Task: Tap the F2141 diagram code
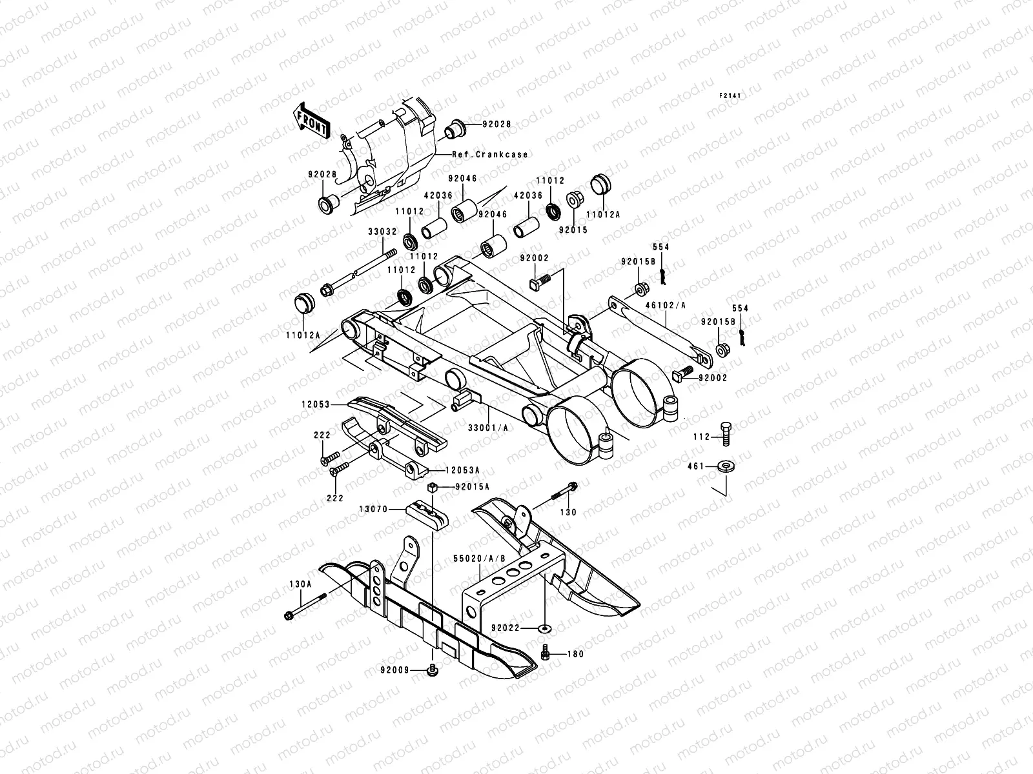[x=730, y=95]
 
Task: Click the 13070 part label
[x=373, y=509]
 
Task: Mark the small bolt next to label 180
[x=544, y=655]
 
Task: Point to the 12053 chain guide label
[x=315, y=405]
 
